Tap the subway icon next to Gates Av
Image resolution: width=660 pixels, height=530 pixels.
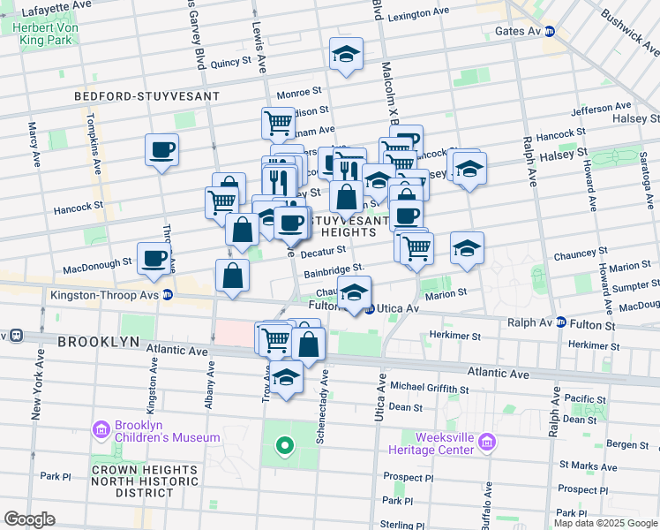coord(549,31)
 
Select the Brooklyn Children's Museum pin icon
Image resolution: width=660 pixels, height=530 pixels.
coord(101,430)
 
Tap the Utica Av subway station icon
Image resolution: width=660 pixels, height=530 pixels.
coord(370,308)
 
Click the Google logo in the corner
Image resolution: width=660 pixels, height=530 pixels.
coord(29,519)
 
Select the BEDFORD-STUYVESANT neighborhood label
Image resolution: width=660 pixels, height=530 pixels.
coord(148,95)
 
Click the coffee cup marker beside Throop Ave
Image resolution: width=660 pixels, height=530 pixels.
coord(162,150)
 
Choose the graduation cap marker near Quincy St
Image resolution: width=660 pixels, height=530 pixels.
coord(347,54)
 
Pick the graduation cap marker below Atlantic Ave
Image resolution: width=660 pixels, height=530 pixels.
coord(286,378)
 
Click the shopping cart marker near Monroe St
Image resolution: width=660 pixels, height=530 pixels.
coord(279,122)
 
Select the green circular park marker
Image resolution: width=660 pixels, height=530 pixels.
coord(284,445)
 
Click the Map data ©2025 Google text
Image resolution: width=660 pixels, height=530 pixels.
coord(605,523)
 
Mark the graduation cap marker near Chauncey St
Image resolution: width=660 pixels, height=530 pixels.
coord(467,248)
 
